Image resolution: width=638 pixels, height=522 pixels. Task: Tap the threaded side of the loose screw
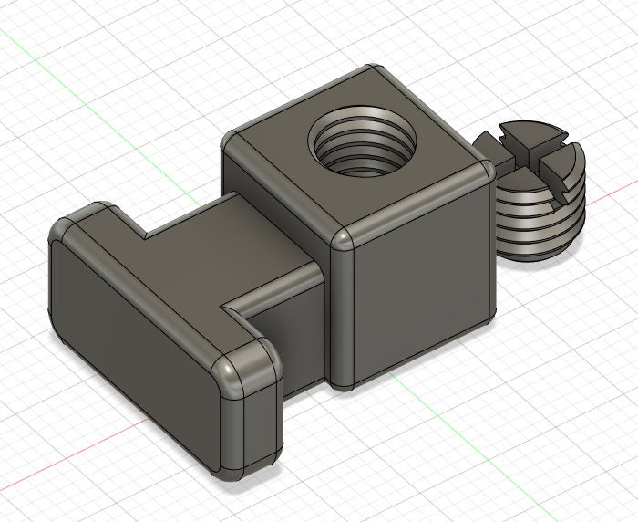[x=538, y=219]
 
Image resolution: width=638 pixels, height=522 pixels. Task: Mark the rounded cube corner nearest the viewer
[x=340, y=239]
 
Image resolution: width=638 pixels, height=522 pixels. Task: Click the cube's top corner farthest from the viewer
[x=371, y=70]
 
